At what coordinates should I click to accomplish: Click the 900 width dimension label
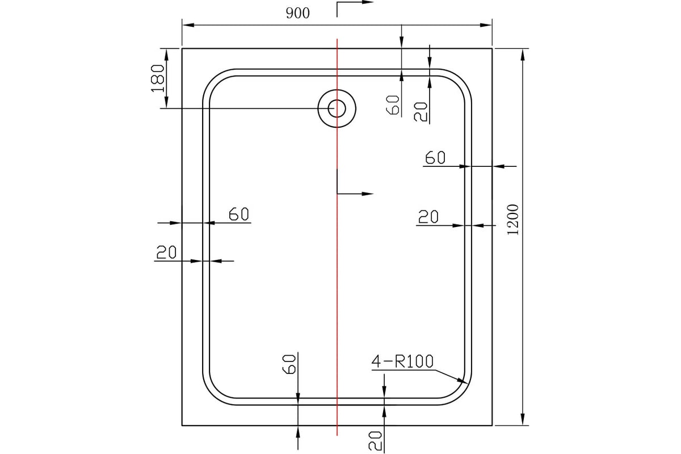click(297, 14)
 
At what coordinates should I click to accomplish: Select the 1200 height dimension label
click(513, 220)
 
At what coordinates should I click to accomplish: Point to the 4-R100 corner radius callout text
click(402, 361)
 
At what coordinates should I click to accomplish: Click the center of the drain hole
click(337, 108)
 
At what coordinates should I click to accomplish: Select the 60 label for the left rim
click(239, 214)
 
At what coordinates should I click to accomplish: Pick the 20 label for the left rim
click(166, 252)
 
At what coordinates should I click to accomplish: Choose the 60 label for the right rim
click(435, 157)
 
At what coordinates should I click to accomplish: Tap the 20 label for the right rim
click(428, 217)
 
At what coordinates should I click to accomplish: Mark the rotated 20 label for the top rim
click(421, 112)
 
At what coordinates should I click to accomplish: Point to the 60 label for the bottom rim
click(290, 363)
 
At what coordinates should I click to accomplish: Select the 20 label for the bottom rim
click(375, 440)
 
